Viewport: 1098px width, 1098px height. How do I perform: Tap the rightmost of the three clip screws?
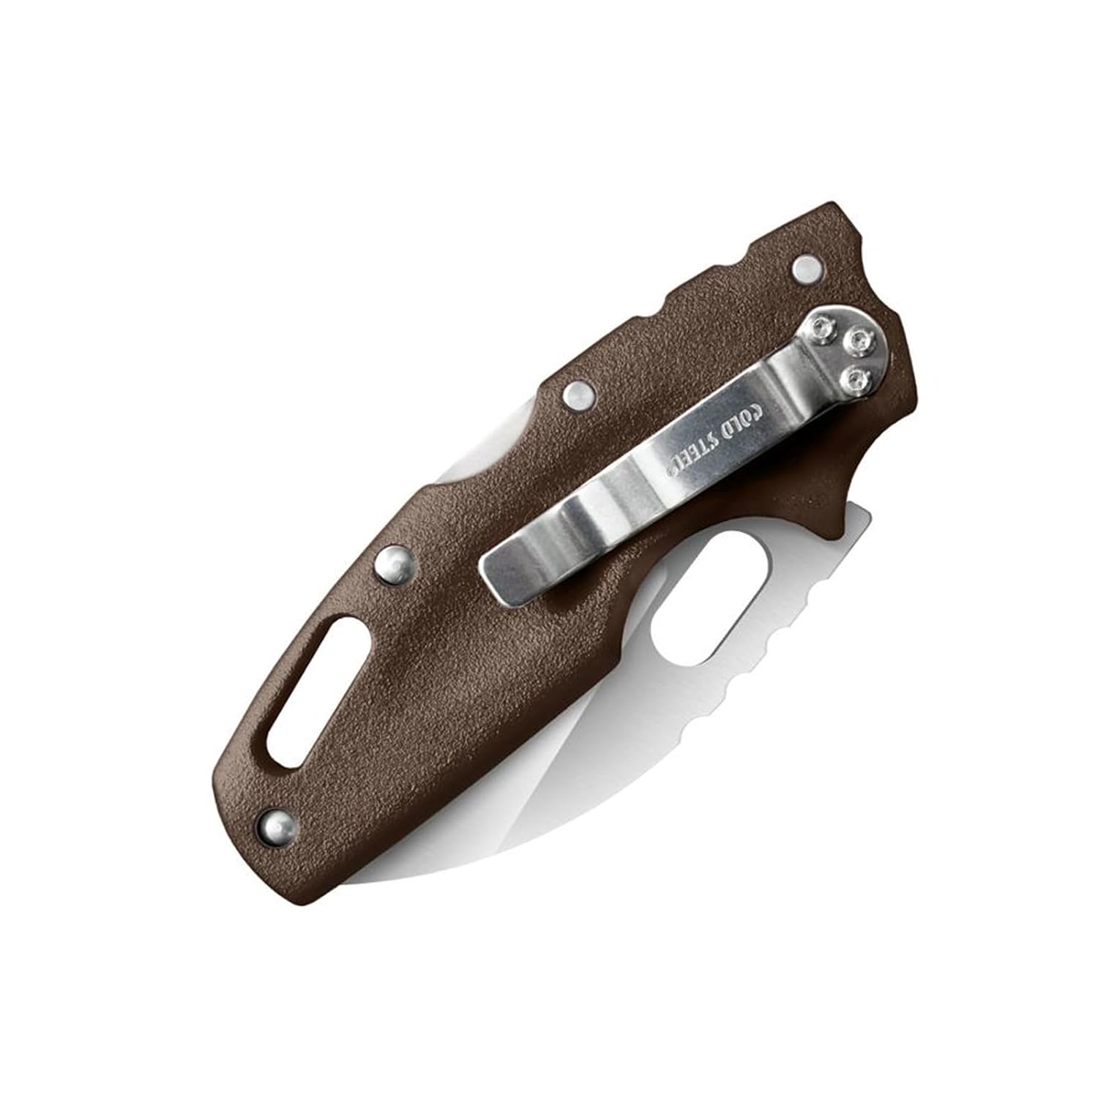(x=861, y=340)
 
